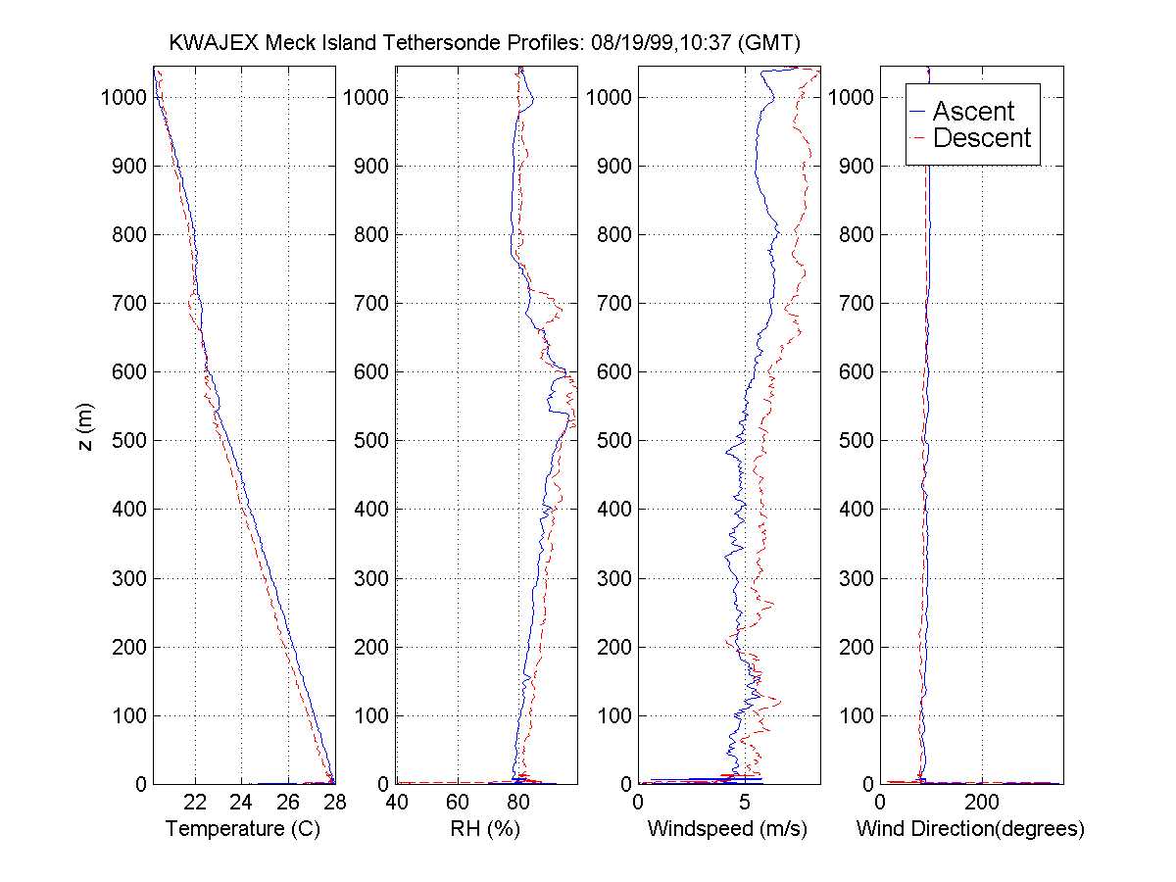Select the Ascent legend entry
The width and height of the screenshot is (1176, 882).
click(973, 112)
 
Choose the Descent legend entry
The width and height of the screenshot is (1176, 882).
click(982, 138)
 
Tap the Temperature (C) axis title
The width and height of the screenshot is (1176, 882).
click(243, 829)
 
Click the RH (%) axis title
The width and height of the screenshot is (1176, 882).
click(486, 829)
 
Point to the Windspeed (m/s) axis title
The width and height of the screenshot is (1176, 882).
click(728, 829)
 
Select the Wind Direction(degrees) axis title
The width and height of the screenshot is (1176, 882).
click(970, 829)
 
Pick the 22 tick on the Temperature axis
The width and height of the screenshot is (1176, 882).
click(196, 802)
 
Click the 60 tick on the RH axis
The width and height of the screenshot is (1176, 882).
click(458, 802)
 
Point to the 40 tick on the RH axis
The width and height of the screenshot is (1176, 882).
click(397, 802)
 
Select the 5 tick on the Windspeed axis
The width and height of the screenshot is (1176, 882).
click(745, 802)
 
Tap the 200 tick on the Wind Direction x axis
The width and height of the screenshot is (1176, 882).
click(982, 802)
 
